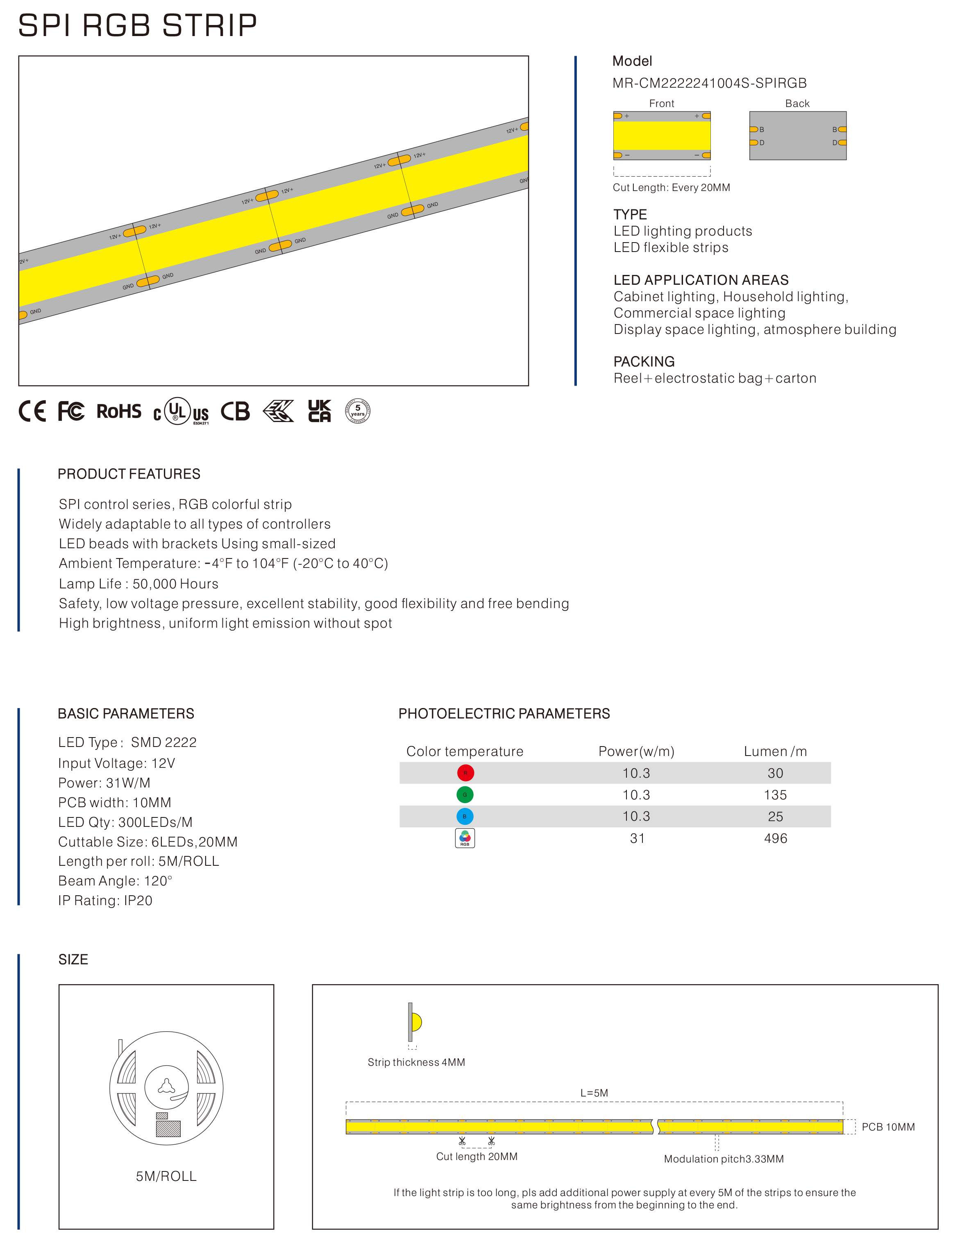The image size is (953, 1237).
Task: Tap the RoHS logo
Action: [118, 411]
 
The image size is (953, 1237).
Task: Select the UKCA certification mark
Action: [319, 411]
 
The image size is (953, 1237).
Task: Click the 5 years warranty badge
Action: [357, 411]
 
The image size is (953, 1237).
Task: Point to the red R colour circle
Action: [465, 772]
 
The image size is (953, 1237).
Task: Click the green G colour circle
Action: [465, 794]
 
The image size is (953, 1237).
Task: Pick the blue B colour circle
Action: [465, 816]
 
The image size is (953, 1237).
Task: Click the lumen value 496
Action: [775, 838]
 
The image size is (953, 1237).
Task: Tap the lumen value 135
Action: [775, 794]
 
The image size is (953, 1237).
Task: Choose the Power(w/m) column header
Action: [636, 751]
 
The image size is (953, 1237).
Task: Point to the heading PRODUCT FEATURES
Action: [129, 474]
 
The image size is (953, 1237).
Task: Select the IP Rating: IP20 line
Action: [105, 901]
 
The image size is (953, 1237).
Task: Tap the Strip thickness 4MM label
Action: [416, 1062]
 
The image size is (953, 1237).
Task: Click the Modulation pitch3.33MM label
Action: [724, 1159]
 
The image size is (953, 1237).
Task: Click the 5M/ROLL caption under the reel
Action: [166, 1176]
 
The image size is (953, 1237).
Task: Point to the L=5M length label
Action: [594, 1093]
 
